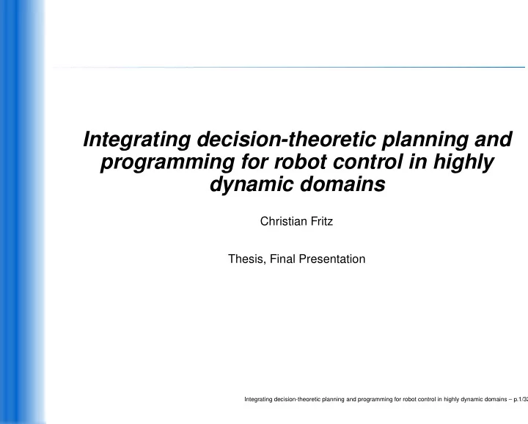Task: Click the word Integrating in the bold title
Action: [x=136, y=140]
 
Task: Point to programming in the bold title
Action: [x=167, y=162]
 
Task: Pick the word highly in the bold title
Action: [x=463, y=162]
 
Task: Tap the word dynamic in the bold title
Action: [x=252, y=185]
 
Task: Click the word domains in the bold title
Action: [x=342, y=184]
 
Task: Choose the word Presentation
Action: [x=332, y=259]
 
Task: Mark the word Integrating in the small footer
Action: [x=258, y=399]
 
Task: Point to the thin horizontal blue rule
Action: [x=289, y=67]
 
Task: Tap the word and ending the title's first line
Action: [x=494, y=139]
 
